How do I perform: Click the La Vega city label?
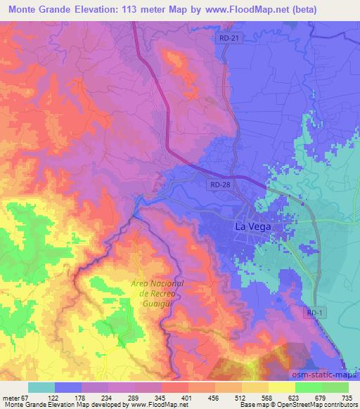(x=251, y=228)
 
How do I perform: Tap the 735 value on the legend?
(x=345, y=397)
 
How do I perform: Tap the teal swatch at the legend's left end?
(x=41, y=387)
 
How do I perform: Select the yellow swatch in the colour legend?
(x=281, y=387)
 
